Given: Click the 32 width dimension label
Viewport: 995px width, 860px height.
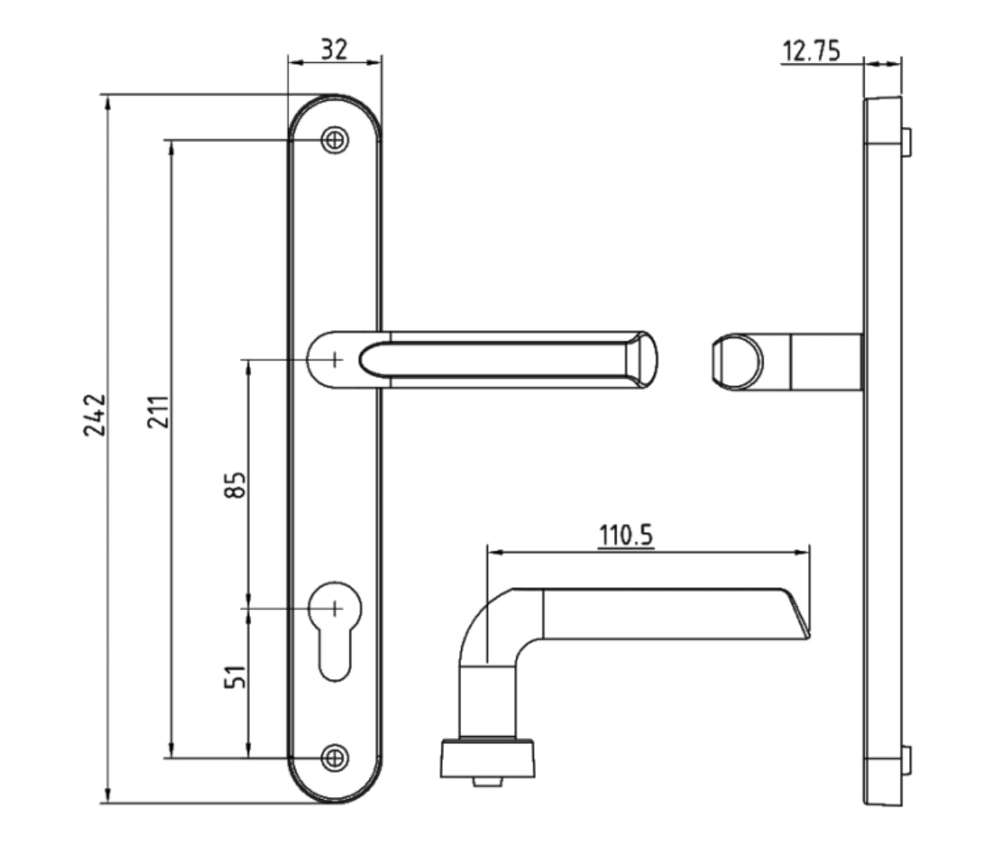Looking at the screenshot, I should point(334,49).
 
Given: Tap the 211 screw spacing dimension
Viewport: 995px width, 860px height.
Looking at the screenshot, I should point(160,410).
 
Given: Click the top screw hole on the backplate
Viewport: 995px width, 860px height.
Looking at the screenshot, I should point(335,140).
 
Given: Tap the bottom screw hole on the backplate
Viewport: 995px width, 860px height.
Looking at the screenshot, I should point(335,756).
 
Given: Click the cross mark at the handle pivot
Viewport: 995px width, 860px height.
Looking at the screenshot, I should point(335,359).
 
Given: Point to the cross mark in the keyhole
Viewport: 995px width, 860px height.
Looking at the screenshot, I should point(335,608).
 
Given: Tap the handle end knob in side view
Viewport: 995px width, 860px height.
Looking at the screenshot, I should point(732,362).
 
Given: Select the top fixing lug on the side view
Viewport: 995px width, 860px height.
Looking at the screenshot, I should point(907,142).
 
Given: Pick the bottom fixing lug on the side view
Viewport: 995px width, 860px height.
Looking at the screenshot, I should point(907,760).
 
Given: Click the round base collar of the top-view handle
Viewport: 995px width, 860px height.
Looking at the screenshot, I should point(487,758).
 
